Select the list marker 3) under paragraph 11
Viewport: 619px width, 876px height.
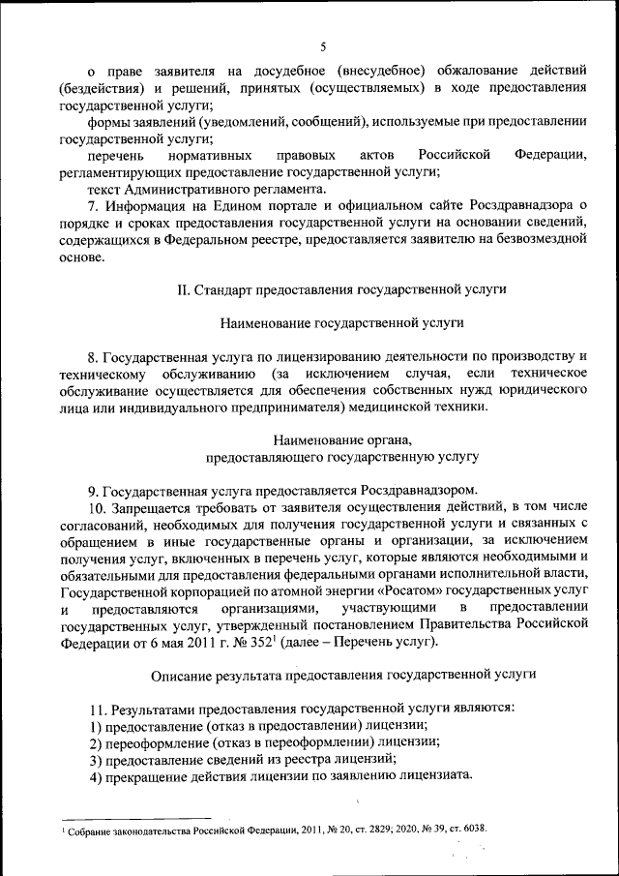[x=94, y=760]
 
